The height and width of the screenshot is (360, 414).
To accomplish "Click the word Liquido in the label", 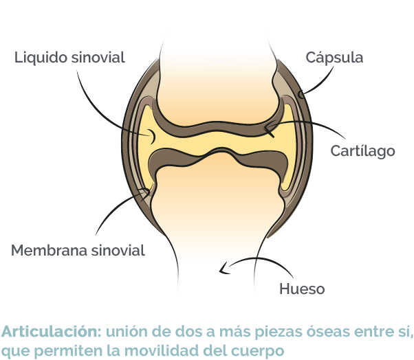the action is (x=41, y=58).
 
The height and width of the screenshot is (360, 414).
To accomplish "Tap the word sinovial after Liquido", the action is (x=98, y=57).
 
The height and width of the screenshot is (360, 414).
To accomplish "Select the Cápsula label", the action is (x=334, y=58).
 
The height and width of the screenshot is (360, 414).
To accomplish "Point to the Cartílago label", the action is (x=362, y=151).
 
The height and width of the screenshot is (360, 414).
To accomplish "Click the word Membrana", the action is (x=49, y=250).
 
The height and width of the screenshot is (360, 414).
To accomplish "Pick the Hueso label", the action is (x=302, y=289).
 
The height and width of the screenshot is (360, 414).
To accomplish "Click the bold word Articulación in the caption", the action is (x=51, y=332).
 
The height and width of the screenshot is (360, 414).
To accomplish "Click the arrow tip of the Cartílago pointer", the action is (x=265, y=128).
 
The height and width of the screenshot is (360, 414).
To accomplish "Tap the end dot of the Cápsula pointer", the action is (x=301, y=94).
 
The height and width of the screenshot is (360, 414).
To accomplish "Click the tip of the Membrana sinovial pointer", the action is (x=147, y=191).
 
